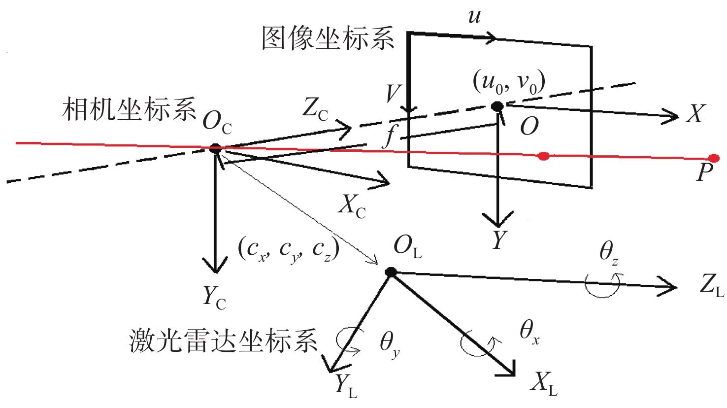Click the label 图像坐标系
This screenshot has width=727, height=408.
(328, 38)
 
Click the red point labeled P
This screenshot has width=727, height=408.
(714, 158)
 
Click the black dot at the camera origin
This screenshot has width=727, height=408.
(215, 149)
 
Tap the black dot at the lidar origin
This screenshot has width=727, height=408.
(391, 272)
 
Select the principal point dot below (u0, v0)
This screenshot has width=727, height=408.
(497, 106)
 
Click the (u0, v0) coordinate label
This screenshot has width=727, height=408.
(509, 83)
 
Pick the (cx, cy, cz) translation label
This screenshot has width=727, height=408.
(289, 251)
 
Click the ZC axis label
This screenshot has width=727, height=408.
(315, 111)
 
